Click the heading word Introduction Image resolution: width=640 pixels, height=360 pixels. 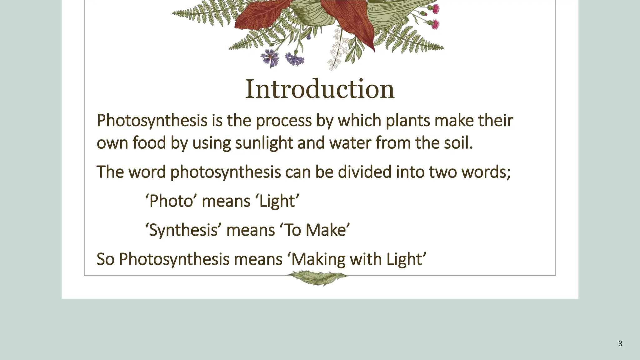320,89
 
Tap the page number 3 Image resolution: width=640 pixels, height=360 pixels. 620,344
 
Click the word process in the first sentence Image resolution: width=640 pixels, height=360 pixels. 283,121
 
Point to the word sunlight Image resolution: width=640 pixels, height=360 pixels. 264,143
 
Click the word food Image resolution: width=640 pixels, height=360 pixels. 149,143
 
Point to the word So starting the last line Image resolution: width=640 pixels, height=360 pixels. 105,259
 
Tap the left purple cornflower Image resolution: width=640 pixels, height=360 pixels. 269,58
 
